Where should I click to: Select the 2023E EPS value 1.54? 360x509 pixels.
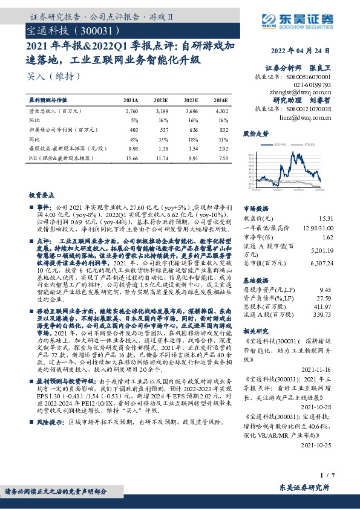tap(192, 148)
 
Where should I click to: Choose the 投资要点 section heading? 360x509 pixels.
tap(41, 196)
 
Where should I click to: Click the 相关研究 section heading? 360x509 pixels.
tap(255, 332)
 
